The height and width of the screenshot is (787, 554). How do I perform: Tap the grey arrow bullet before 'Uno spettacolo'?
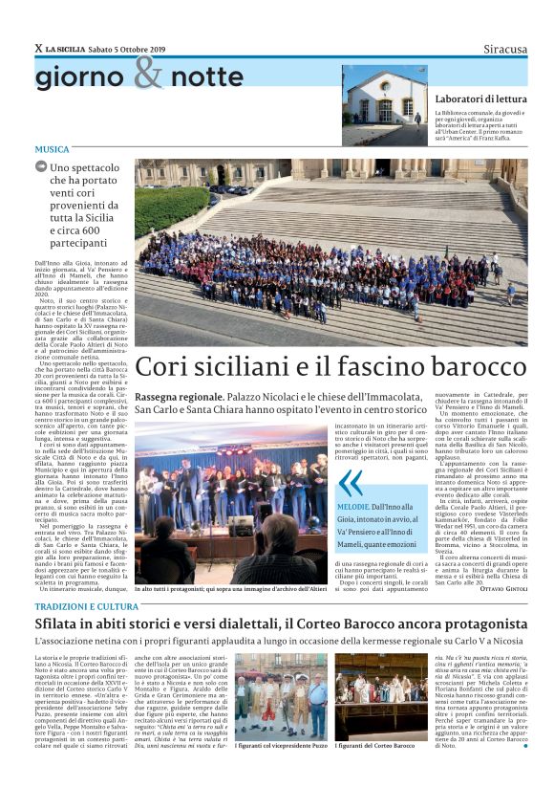(x=41, y=166)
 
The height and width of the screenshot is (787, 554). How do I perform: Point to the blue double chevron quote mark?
(x=351, y=483)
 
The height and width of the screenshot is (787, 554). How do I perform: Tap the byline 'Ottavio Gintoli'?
(x=502, y=587)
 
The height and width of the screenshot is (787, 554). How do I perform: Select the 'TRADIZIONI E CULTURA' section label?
(x=87, y=606)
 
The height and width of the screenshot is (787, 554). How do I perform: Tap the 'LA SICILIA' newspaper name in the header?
(x=66, y=49)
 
